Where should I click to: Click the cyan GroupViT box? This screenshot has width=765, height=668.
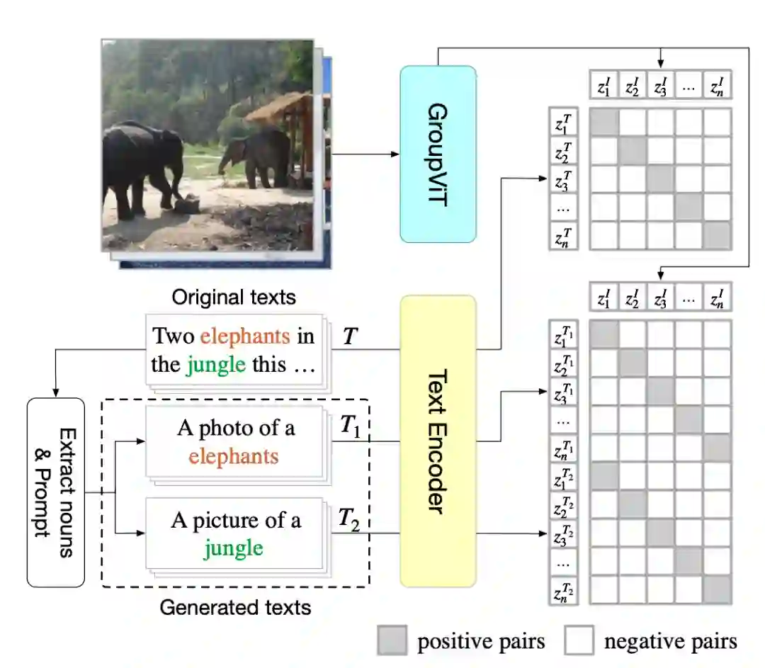pos(438,154)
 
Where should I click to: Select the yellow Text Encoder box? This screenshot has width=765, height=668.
pos(438,441)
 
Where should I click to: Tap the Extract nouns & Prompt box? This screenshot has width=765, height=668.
pos(56,492)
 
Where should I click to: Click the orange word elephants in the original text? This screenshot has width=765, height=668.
pos(245,335)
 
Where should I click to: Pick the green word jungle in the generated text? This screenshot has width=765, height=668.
pos(234,548)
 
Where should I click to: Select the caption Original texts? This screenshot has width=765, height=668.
pos(234,296)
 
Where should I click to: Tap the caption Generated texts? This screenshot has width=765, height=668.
pos(235,607)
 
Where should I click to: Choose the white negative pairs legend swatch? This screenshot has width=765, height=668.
pos(578,642)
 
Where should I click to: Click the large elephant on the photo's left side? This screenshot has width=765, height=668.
pos(138,166)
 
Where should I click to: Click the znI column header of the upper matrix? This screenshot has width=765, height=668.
pos(717,87)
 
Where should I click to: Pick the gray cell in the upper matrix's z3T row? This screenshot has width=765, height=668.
pos(660,179)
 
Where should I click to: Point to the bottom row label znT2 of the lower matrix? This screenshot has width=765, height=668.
pos(565,590)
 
